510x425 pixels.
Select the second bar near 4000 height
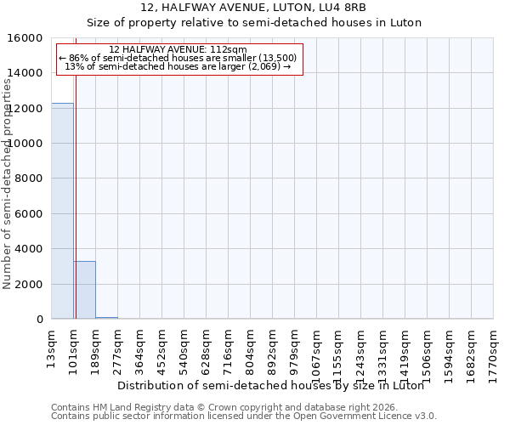[84, 290]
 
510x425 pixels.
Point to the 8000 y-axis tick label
[31, 179]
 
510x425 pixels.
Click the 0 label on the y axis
[40, 320]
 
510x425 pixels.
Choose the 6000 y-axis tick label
[31, 214]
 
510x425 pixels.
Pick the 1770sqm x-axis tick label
[493, 348]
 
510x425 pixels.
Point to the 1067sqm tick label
[317, 348]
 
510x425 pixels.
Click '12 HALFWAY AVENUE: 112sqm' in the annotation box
[178, 49]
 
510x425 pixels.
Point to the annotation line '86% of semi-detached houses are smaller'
[178, 58]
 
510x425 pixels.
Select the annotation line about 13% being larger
[178, 66]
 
